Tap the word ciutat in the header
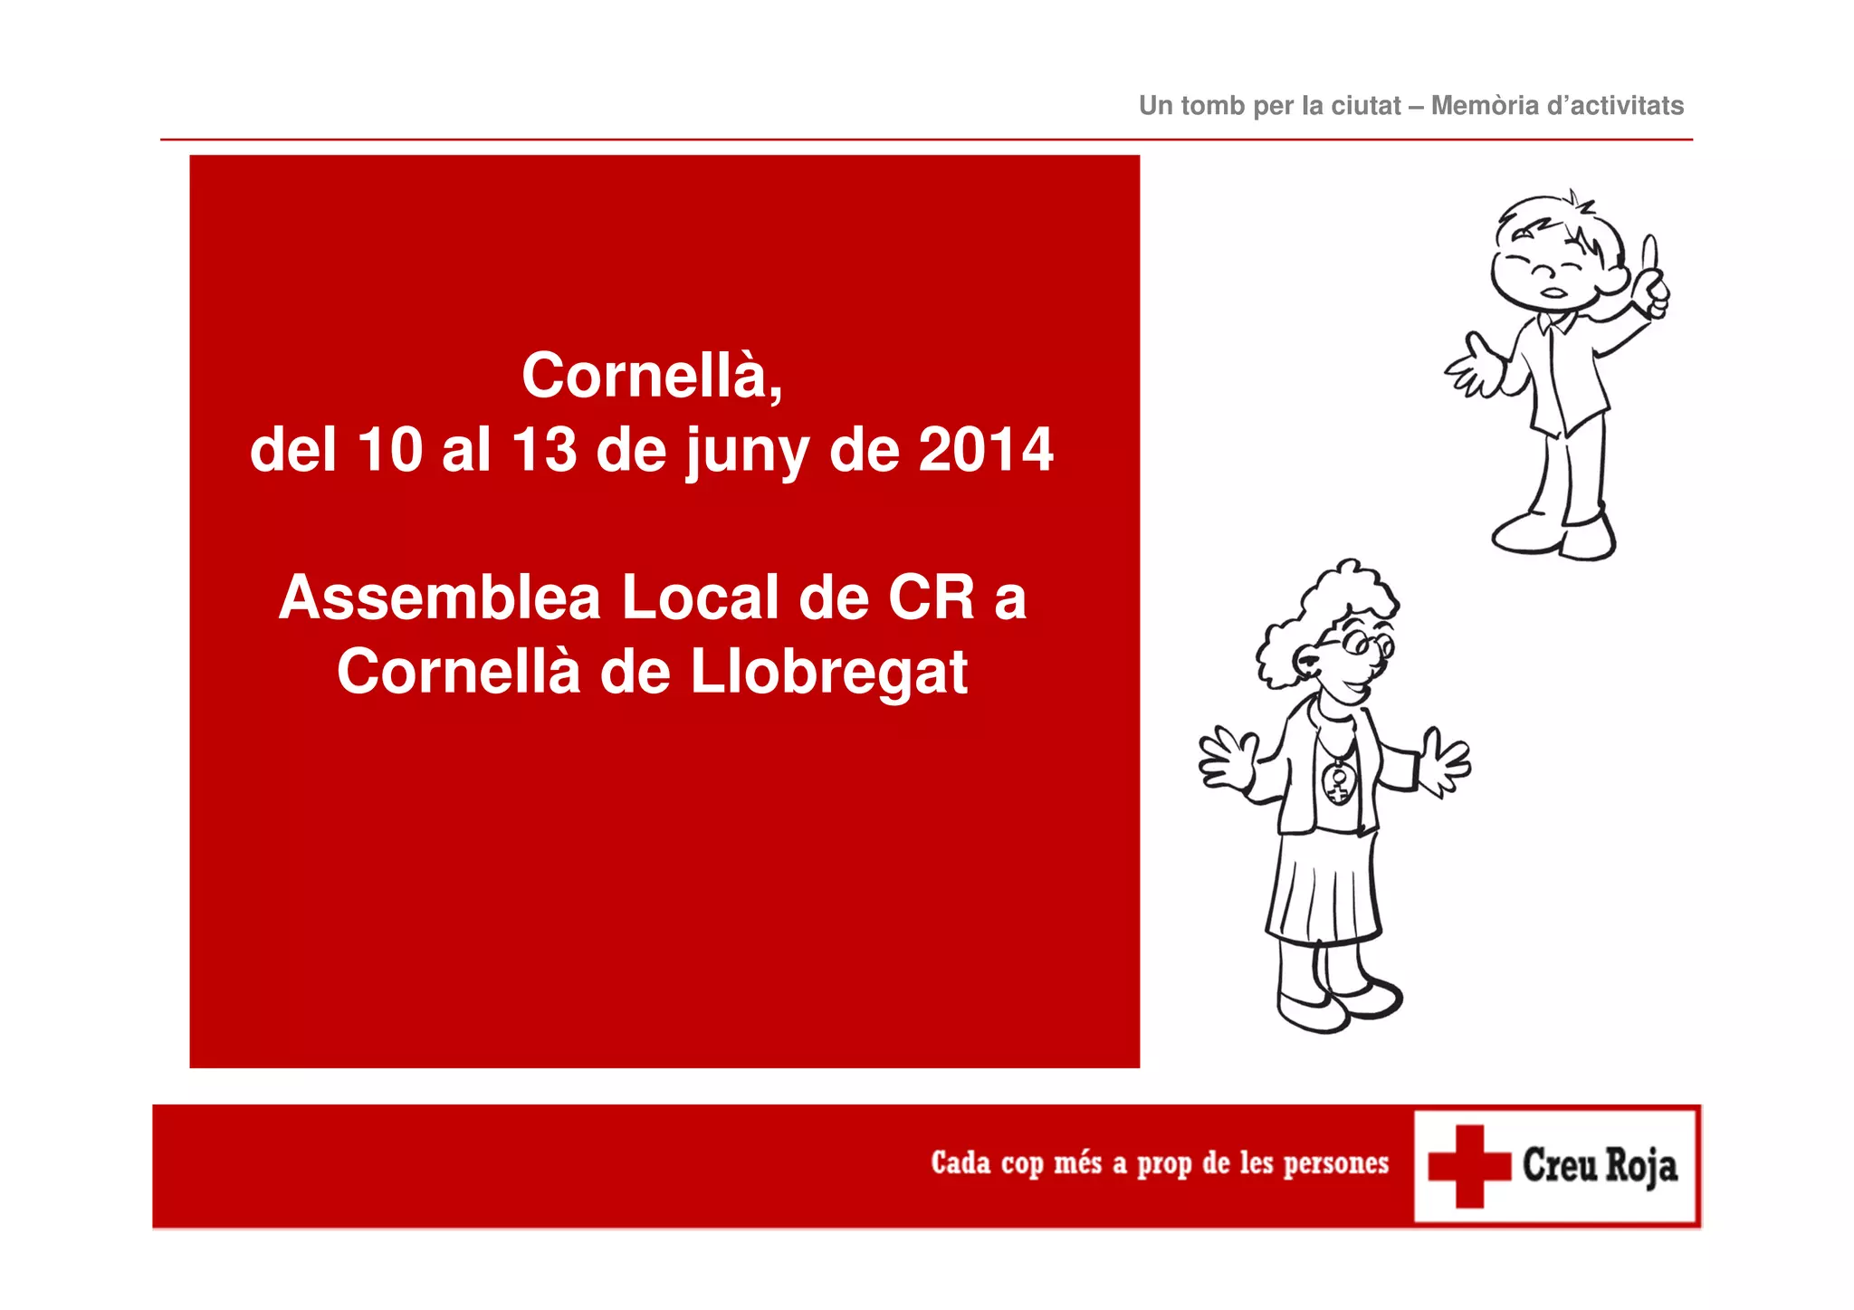click(1366, 106)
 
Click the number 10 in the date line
click(390, 450)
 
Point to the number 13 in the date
click(544, 450)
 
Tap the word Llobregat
click(829, 673)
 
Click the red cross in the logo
click(1469, 1166)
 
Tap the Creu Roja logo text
click(1599, 1165)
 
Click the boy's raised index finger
click(1649, 253)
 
